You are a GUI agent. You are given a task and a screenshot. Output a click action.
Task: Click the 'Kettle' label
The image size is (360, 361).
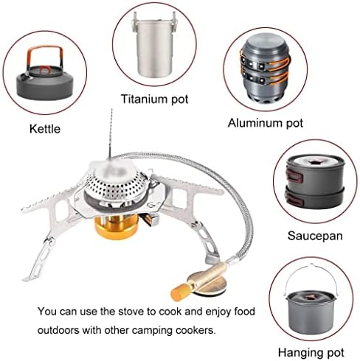[x=45, y=129]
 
